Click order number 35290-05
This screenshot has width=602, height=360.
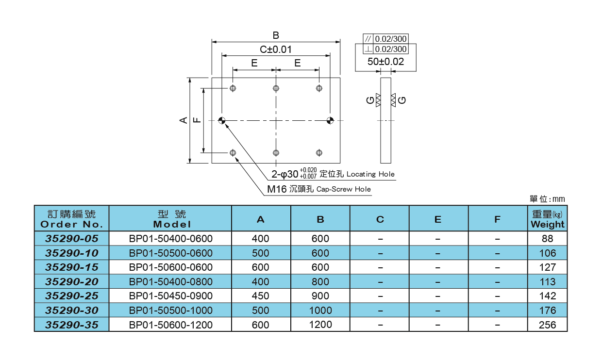(71, 239)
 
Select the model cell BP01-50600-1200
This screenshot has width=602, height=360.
(170, 325)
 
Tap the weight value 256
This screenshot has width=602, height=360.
(547, 325)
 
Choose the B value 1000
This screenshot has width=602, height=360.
(320, 311)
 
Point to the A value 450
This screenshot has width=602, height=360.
(261, 296)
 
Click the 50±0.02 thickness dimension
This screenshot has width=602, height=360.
(385, 62)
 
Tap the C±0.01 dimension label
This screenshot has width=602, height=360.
(275, 49)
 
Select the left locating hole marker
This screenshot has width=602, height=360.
(222, 120)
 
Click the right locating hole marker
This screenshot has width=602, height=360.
(330, 120)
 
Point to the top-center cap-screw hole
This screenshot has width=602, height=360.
(276, 88)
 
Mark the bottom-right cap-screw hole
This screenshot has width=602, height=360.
(319, 153)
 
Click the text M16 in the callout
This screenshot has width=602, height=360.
(277, 189)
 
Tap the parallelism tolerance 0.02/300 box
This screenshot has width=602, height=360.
(390, 39)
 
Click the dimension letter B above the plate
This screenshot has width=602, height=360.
(275, 35)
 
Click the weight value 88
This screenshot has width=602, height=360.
(547, 239)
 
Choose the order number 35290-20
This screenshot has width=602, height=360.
(71, 282)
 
